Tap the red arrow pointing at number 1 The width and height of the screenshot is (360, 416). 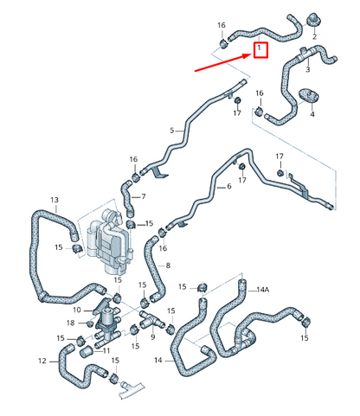(x=224, y=62)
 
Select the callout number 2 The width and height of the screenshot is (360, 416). (x=314, y=36)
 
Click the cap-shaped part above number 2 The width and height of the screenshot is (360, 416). (x=313, y=19)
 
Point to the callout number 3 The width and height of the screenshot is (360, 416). (x=308, y=69)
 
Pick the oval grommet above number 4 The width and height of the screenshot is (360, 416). (x=310, y=95)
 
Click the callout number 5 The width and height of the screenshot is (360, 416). (x=172, y=131)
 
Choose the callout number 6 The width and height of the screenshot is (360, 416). (x=229, y=186)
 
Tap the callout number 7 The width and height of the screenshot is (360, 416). (x=144, y=196)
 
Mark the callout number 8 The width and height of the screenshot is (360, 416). (x=168, y=266)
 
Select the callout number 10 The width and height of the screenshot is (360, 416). (x=77, y=310)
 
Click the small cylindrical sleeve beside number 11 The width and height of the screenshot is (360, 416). (x=87, y=352)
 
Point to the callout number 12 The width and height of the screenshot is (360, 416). (x=42, y=361)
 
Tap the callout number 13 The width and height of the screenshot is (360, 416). (x=55, y=200)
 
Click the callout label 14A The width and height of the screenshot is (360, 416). (x=263, y=290)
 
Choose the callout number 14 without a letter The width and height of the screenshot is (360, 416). (x=158, y=360)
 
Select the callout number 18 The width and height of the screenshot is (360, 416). (x=71, y=323)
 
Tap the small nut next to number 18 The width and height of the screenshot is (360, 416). (x=90, y=324)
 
